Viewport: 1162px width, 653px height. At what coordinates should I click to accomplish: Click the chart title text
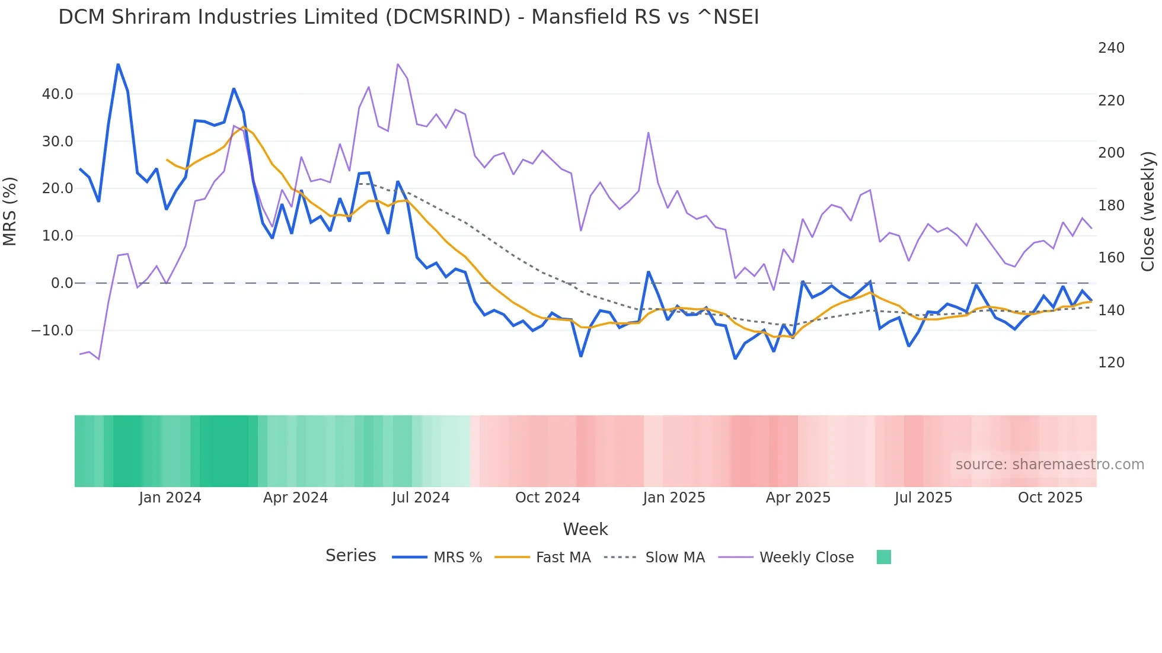pos(408,17)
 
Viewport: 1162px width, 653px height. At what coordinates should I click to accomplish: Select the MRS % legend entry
pos(457,558)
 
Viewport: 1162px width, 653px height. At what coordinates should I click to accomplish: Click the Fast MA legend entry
pos(563,558)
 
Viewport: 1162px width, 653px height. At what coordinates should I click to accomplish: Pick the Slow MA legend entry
pos(675,558)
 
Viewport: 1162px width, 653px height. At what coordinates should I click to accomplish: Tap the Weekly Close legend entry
pos(806,558)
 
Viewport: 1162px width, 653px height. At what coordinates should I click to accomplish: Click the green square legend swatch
pos(883,557)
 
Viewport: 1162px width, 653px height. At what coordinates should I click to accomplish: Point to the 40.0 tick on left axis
pos(58,94)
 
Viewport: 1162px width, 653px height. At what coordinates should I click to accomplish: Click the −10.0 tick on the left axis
pos(52,331)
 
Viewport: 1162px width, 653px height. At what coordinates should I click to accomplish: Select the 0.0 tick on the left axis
pos(62,283)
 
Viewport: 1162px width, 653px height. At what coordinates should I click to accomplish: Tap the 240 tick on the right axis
pos(1111,48)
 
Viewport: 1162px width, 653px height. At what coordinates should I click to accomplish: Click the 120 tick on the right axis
pos(1111,363)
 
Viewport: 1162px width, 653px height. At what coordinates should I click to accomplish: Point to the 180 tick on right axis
pos(1111,206)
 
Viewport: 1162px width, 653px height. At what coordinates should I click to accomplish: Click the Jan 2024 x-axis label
pos(170,498)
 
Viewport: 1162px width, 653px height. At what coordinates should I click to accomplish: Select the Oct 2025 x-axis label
pos(1050,498)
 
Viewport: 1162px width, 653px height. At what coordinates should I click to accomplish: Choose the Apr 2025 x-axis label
pos(798,498)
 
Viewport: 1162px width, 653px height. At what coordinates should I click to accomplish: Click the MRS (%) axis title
pos(10,212)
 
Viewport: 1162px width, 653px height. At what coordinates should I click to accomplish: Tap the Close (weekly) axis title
pos(1148,212)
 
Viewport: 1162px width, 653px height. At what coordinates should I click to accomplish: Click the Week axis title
pos(585,529)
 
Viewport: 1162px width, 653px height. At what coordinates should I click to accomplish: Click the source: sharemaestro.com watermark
pos(1049,465)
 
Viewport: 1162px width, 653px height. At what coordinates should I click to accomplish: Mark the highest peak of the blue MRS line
pos(118,64)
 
